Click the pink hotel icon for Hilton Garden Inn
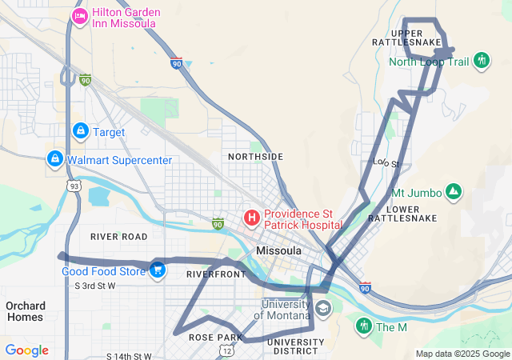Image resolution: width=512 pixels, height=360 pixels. point(80,16)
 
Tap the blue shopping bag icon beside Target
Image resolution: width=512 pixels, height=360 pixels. point(80,130)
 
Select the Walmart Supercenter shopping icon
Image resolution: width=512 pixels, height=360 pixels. point(54,159)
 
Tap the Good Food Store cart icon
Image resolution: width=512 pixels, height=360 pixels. point(158,270)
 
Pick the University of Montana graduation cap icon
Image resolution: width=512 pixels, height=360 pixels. point(322,309)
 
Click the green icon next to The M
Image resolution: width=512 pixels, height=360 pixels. point(364,326)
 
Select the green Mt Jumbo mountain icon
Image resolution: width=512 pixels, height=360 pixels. point(454,193)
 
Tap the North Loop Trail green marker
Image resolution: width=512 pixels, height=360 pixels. point(481,60)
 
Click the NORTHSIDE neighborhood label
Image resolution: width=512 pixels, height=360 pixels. point(255,156)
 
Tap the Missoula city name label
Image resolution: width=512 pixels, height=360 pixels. point(278,251)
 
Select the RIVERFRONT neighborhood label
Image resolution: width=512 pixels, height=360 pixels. point(216,274)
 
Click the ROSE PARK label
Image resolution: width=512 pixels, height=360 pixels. point(210,338)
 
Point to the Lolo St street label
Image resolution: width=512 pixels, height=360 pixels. point(386,162)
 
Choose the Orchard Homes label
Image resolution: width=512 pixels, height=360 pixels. point(25,311)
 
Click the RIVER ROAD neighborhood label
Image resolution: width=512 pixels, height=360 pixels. point(119,237)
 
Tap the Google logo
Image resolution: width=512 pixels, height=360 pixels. point(27,350)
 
